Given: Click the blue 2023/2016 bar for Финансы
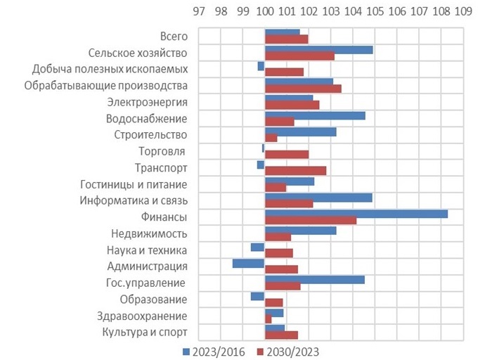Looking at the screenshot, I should [356, 214].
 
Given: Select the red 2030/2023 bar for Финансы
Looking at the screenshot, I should [310, 221].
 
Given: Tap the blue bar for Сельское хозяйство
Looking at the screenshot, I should [318, 49].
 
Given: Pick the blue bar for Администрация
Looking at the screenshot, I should [249, 263].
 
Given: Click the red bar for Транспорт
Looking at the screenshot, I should [295, 171].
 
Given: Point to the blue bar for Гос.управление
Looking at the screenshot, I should [314, 279].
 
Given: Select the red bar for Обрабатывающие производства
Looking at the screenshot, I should [303, 89].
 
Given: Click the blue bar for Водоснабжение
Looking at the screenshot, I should [315, 115].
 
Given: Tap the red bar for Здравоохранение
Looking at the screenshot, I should [268, 319].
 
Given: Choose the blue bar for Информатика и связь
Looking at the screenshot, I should [318, 198].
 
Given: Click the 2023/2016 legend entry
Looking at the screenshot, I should [214, 351].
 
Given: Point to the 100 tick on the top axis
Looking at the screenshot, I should [265, 12].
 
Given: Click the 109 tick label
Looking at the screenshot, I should [463, 12].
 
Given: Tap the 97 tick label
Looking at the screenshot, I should [199, 12].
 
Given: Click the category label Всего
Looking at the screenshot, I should [174, 36].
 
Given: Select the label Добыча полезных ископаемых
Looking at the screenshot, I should [110, 69].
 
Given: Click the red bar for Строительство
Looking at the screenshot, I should [271, 138].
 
